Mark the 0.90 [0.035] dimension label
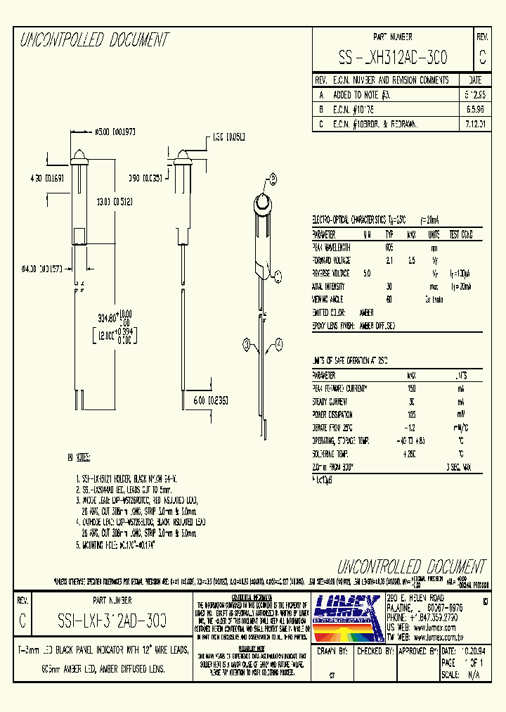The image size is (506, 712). click(145, 179)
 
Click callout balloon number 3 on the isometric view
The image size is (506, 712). click(247, 343)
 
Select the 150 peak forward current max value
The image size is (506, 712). click(412, 388)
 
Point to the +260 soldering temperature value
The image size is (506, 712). click(411, 453)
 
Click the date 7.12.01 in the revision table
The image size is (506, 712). click(474, 124)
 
